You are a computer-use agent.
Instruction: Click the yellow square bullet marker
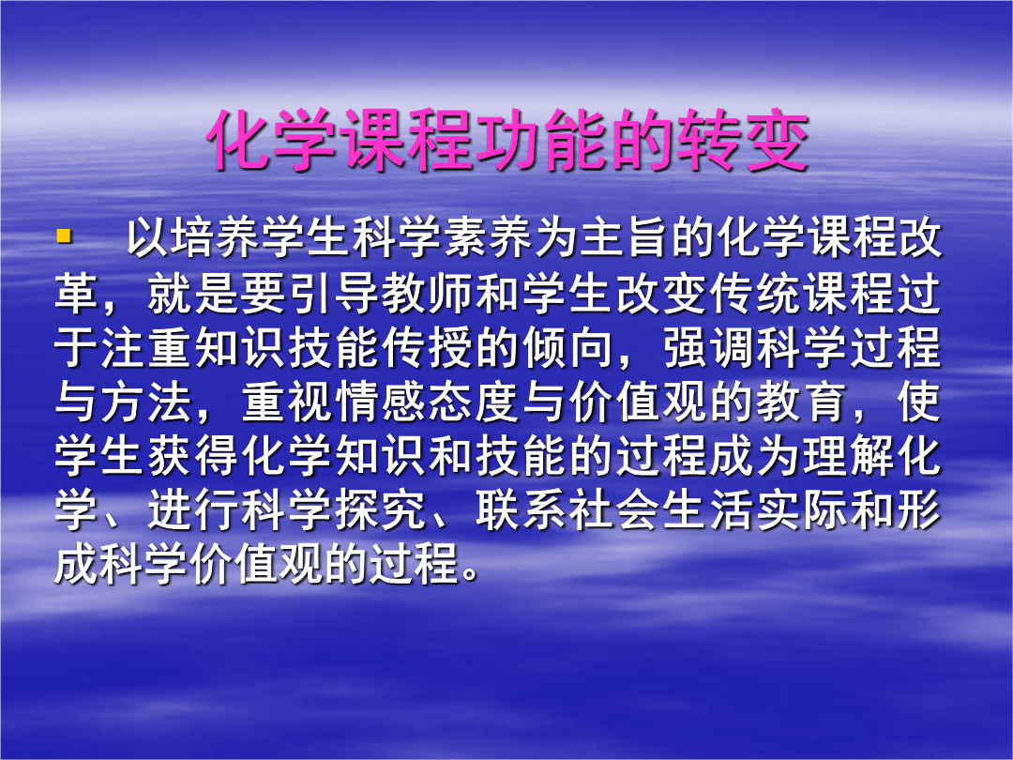pyautogui.click(x=64, y=236)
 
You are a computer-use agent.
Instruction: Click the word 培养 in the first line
pyautogui.click(x=193, y=238)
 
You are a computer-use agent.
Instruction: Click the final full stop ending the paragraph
pyautogui.click(x=472, y=574)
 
